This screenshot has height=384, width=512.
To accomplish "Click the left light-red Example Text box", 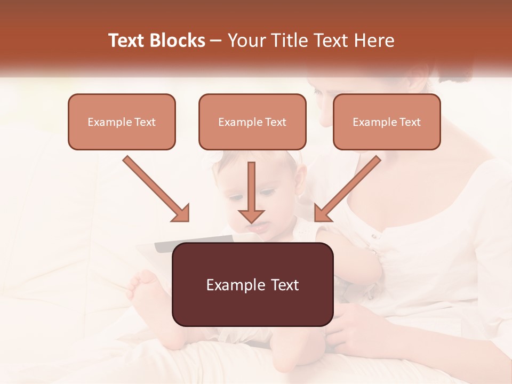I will pyautogui.click(x=122, y=122).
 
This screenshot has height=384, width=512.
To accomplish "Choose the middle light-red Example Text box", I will pyautogui.click(x=252, y=122).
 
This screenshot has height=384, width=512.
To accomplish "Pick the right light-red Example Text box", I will pyautogui.click(x=387, y=122).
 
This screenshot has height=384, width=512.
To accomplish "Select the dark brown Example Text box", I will pyautogui.click(x=252, y=284).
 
